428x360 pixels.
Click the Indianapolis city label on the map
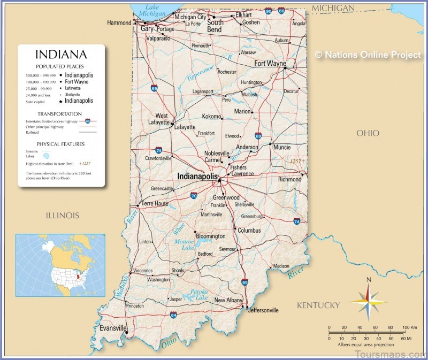[197, 176]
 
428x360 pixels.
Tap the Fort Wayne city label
[270, 63]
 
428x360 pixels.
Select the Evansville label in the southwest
[113, 328]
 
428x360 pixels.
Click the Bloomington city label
[210, 236]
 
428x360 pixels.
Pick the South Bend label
[215, 26]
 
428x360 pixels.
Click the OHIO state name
[368, 133]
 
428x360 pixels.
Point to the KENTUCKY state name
[318, 305]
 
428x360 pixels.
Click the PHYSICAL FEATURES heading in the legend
[60, 144]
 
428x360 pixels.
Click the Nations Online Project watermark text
[368, 55]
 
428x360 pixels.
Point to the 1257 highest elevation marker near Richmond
[296, 160]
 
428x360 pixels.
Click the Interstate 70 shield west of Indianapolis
[193, 196]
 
